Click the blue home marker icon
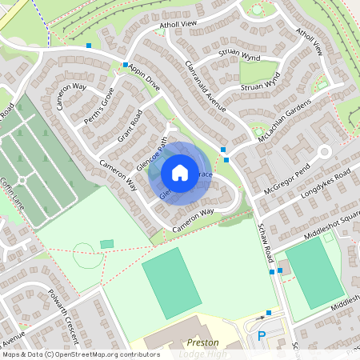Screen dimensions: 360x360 180,173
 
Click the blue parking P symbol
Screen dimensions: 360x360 261,338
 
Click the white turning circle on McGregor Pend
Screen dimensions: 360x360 324,151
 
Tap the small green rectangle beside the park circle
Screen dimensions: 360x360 106,243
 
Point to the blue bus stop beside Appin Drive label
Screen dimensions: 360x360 126,64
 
